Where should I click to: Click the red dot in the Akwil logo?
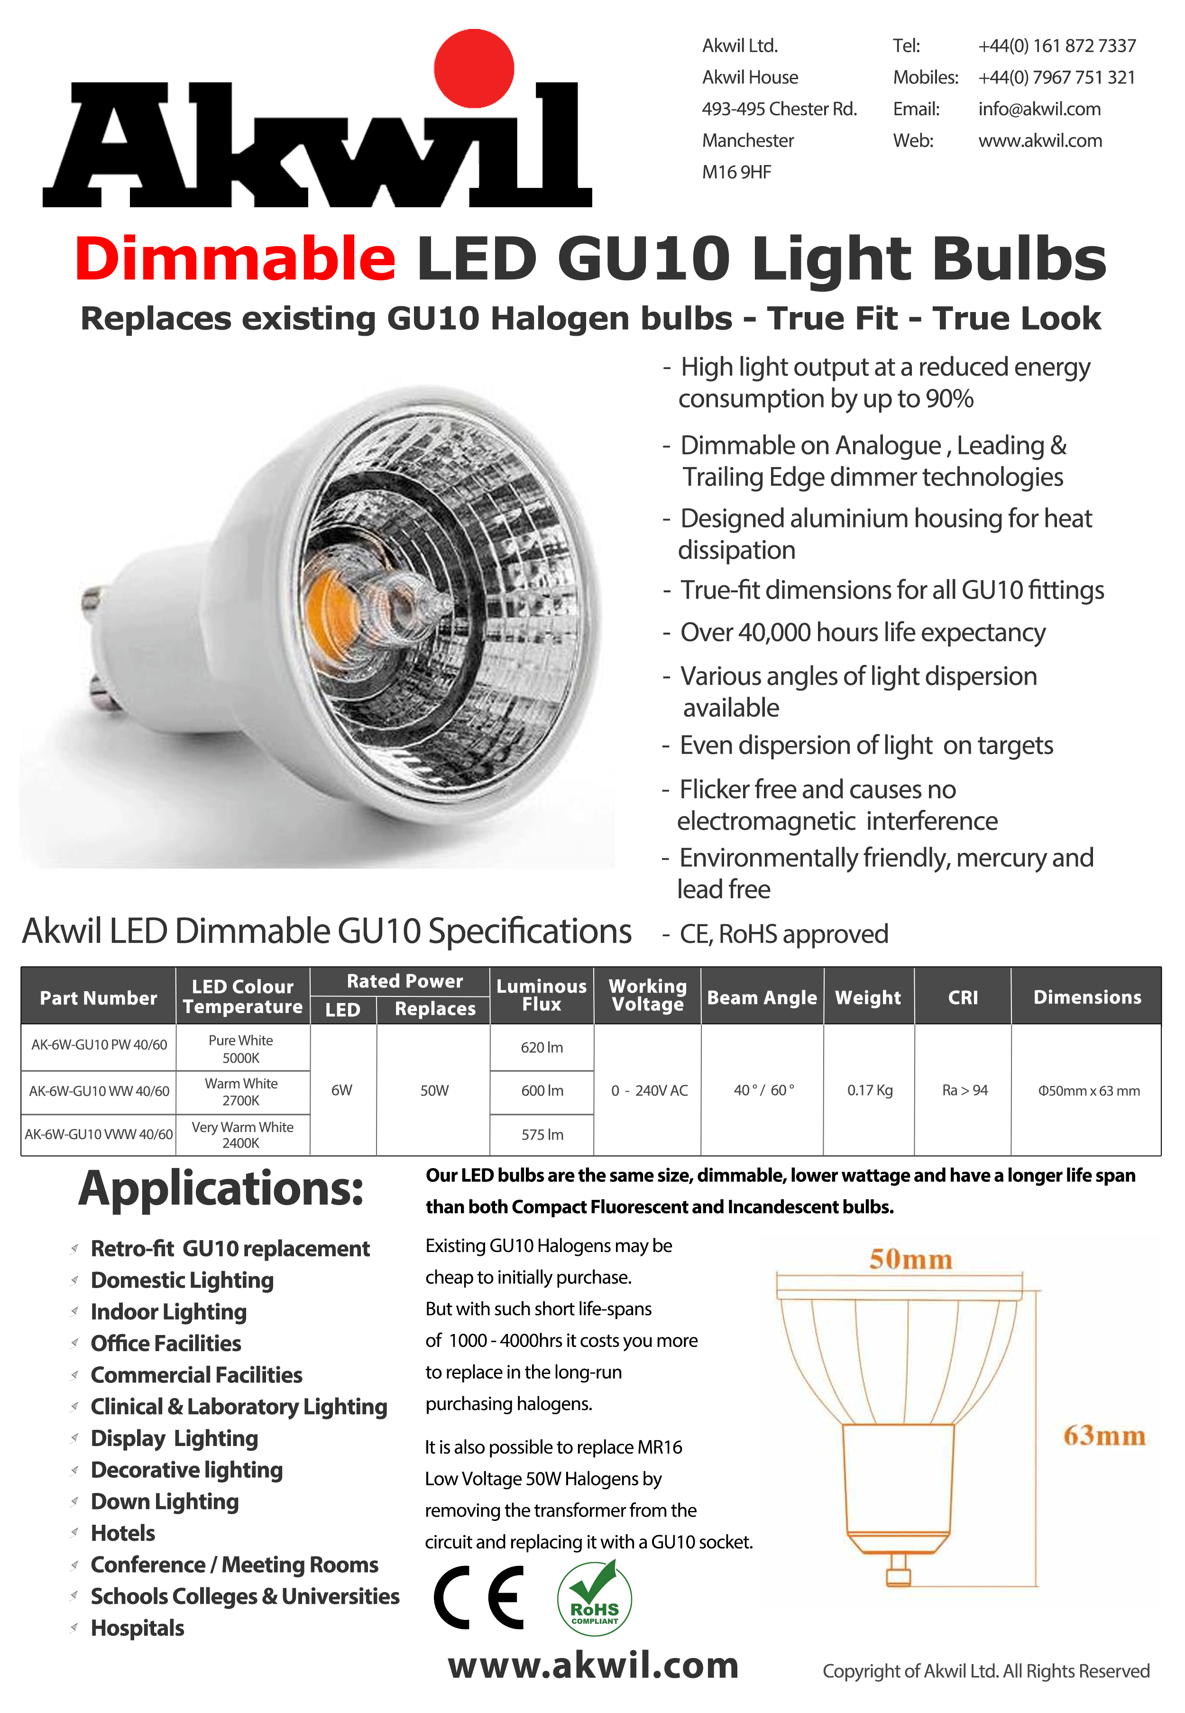(474, 68)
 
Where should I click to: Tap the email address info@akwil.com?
(1039, 109)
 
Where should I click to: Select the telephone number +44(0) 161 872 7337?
(1056, 46)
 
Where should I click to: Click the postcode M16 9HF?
(736, 172)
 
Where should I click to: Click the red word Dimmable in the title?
(235, 258)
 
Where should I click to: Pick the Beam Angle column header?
(762, 997)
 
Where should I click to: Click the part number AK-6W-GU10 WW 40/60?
(99, 1091)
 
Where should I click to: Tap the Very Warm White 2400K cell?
(242, 1134)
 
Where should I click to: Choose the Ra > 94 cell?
(965, 1090)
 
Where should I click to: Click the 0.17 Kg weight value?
(870, 1090)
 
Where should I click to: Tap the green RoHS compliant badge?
(594, 1597)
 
